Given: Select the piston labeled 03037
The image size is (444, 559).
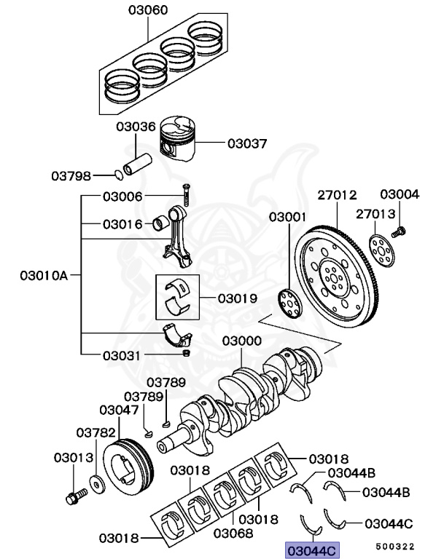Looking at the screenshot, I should [179, 140].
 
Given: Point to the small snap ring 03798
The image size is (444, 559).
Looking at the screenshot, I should [118, 175].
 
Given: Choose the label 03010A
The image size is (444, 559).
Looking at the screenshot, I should [43, 276].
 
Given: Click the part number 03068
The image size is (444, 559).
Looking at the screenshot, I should [233, 533].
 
